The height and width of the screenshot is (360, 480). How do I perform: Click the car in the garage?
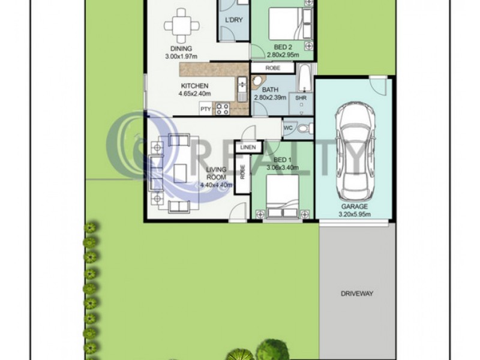pyautogui.click(x=352, y=152)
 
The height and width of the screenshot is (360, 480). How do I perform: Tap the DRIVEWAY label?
pyautogui.click(x=357, y=293)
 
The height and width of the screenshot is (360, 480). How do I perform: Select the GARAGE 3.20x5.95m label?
pyautogui.click(x=353, y=210)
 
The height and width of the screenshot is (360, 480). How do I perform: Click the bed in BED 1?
pyautogui.click(x=281, y=199)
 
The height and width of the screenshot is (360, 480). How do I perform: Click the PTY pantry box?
pyautogui.click(x=206, y=109)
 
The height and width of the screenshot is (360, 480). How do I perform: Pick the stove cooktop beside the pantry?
pyautogui.click(x=223, y=109)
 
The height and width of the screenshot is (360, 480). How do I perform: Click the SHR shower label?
pyautogui.click(x=301, y=98)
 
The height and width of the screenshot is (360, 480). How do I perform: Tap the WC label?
pyautogui.click(x=288, y=127)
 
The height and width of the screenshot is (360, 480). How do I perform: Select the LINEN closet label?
pyautogui.click(x=248, y=148)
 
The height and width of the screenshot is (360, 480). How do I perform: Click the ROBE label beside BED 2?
pyautogui.click(x=272, y=68)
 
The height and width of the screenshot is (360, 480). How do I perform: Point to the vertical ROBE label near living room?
pyautogui.click(x=242, y=172)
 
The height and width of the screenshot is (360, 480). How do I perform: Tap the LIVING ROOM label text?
pyautogui.click(x=215, y=173)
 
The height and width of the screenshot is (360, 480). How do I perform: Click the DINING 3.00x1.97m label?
pyautogui.click(x=181, y=53)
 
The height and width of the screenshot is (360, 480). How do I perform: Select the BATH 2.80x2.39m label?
pyautogui.click(x=271, y=94)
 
